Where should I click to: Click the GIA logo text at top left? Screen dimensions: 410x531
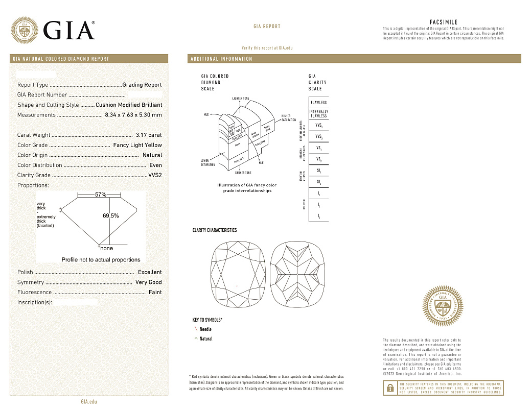pos(69,30)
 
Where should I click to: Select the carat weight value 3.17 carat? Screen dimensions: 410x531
pos(149,135)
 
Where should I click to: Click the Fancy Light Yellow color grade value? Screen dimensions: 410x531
pos(137,145)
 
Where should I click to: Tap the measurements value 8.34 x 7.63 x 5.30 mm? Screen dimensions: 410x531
pos(133,115)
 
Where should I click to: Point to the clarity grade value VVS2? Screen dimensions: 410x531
pos(155,175)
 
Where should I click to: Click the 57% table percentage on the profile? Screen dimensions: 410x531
pos(101,195)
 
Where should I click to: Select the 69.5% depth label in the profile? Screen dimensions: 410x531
pos(111,215)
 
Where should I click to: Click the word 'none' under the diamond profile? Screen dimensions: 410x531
pos(106,248)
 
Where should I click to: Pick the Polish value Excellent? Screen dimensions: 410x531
pos(150,272)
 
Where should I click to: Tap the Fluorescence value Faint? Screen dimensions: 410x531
pos(155,292)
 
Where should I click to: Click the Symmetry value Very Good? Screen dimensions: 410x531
pos(148,282)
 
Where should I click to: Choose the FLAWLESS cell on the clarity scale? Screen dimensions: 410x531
pos(318,102)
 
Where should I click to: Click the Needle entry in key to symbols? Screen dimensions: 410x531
pos(205,329)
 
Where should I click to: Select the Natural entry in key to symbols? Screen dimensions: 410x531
pos(206,339)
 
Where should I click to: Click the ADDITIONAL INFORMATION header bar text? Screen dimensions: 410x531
pos(221,59)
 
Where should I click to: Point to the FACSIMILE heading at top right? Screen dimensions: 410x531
pos(444,22)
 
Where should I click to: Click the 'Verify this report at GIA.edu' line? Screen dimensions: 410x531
pos(267,47)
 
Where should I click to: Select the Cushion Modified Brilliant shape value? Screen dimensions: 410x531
pos(129,105)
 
